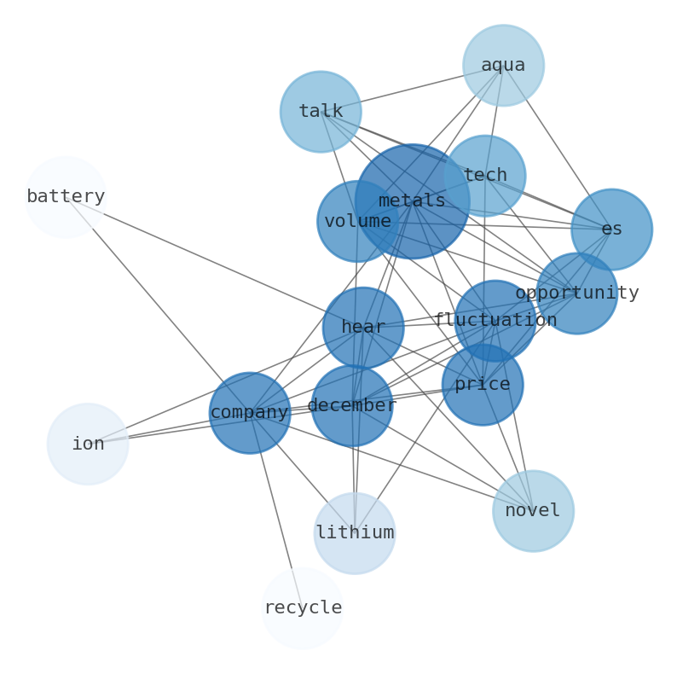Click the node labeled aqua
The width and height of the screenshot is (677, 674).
(x=503, y=65)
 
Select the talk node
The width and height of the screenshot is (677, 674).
(x=321, y=112)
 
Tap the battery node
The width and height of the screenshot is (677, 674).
(x=66, y=197)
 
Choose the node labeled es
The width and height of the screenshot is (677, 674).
(x=611, y=230)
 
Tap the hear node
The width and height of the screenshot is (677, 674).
(x=363, y=328)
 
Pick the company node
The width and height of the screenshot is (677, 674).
(x=250, y=413)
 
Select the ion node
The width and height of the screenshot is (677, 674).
(x=88, y=444)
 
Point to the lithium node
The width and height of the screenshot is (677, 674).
(x=355, y=533)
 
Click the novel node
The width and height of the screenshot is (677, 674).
(x=533, y=511)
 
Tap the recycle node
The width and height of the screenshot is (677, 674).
(x=302, y=608)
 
